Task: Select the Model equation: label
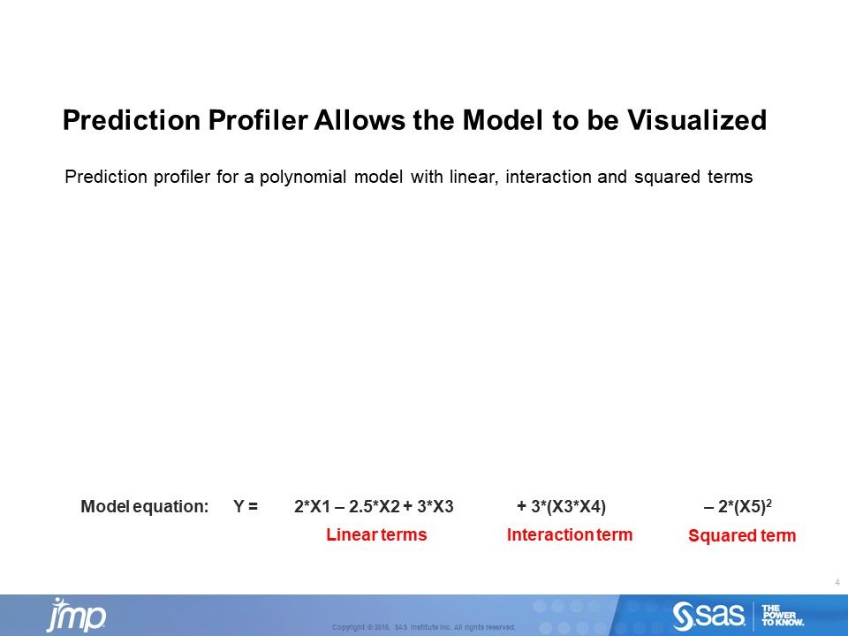[144, 507]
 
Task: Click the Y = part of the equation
[246, 507]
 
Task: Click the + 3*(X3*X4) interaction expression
[561, 507]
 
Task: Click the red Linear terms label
[376, 535]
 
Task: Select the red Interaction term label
[570, 535]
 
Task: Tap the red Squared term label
[741, 536]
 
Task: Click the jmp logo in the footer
[76, 615]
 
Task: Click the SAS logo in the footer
[710, 615]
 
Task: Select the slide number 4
[836, 581]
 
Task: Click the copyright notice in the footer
[423, 627]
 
